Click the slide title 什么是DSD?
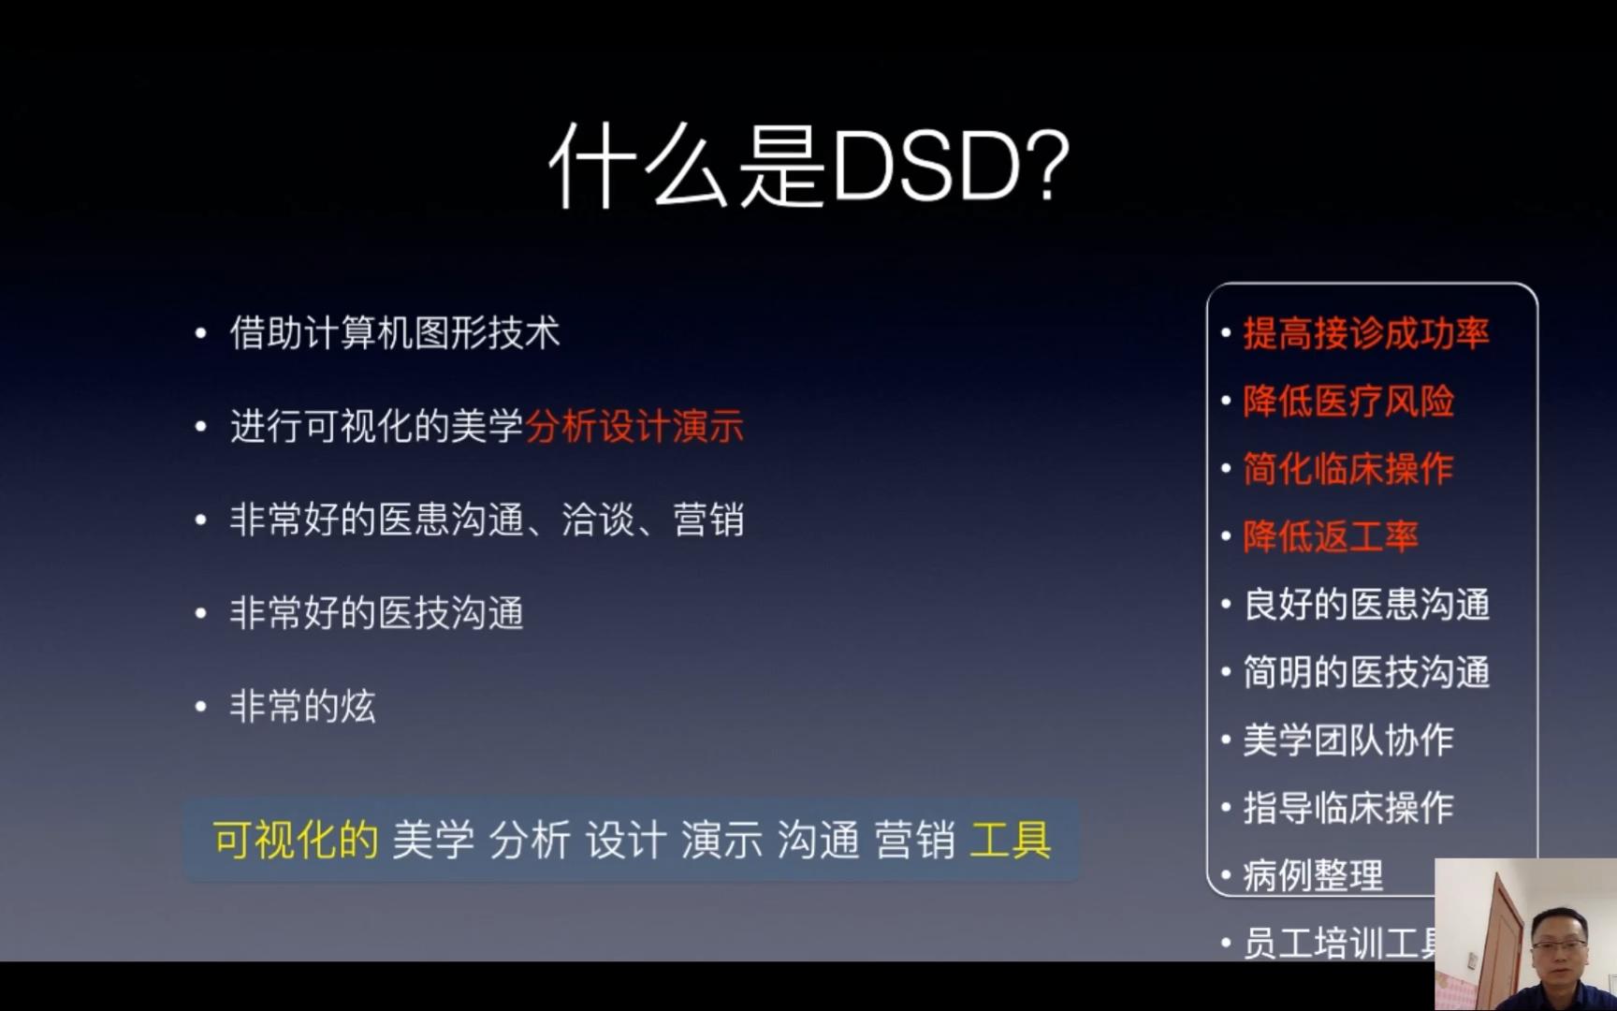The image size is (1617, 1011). (x=808, y=167)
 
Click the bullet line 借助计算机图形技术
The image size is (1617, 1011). (x=394, y=333)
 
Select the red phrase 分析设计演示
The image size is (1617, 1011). (x=634, y=427)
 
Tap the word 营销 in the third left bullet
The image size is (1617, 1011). (x=708, y=520)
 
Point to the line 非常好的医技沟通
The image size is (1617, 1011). (x=376, y=613)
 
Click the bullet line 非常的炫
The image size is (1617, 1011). (x=302, y=706)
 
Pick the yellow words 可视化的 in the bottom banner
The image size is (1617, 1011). (x=295, y=840)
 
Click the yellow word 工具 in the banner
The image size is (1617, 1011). (x=1011, y=840)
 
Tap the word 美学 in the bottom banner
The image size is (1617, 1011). (x=432, y=840)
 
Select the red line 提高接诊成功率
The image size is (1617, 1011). (x=1365, y=333)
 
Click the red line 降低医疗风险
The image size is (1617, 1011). (x=1347, y=402)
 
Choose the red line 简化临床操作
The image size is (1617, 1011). (x=1347, y=469)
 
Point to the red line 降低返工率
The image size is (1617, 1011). (x=1330, y=536)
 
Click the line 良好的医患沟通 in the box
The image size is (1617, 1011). (x=1365, y=605)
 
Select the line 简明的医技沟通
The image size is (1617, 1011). (x=1365, y=672)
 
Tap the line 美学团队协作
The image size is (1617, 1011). (x=1347, y=740)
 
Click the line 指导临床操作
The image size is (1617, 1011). (x=1347, y=807)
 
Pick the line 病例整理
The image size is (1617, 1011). (x=1312, y=875)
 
